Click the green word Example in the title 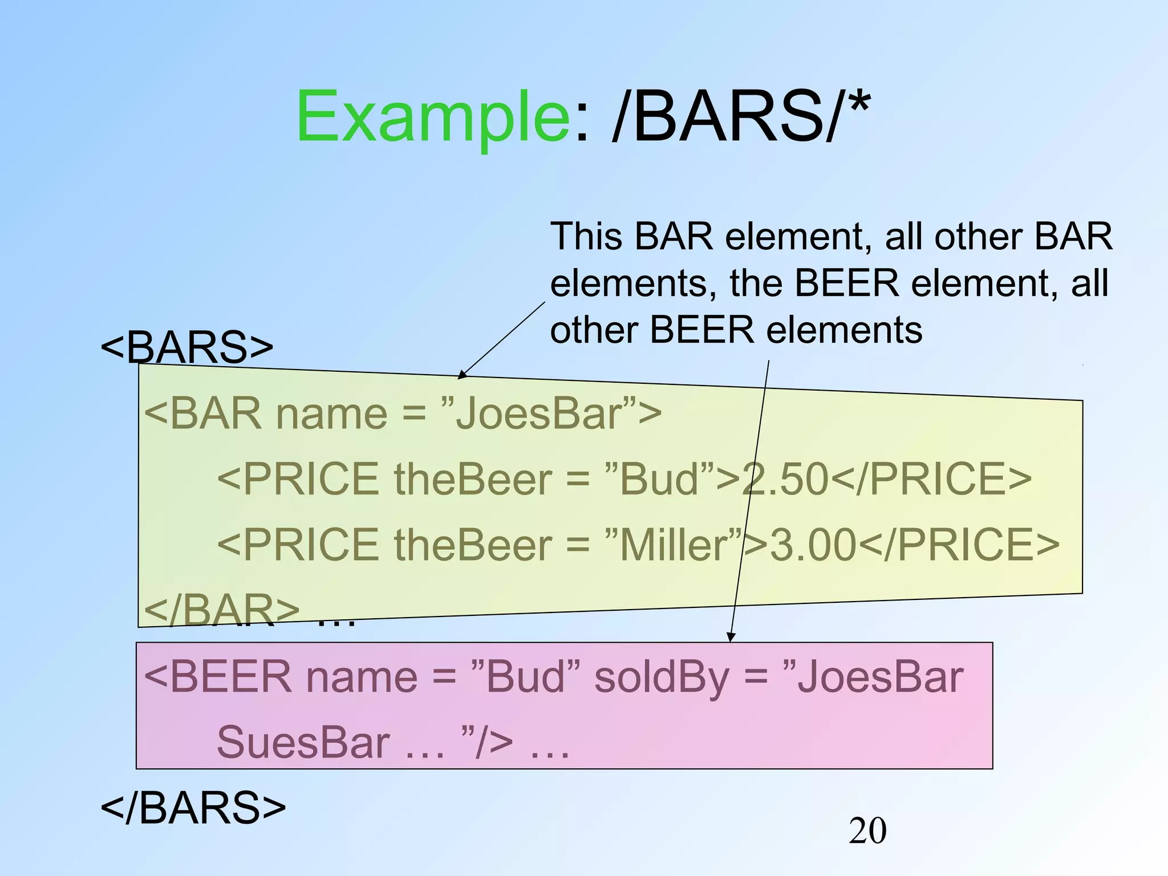(432, 117)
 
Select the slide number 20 (867, 830)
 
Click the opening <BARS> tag (187, 347)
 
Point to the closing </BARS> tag (193, 808)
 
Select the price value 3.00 (813, 544)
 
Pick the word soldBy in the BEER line (662, 678)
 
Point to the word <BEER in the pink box (217, 678)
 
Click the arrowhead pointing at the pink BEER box (731, 638)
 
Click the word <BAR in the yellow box (202, 413)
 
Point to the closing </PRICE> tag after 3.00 (958, 544)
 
